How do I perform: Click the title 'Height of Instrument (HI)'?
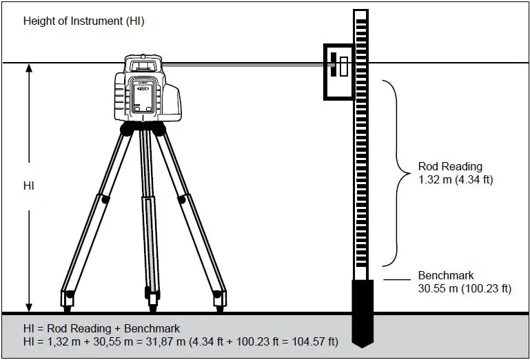point(83,21)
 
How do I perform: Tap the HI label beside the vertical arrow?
point(28,186)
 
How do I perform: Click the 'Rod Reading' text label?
point(450,166)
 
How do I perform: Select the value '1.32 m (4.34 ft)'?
point(456,180)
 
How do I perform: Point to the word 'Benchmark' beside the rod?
point(446,275)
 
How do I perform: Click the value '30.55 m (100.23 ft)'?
point(465,289)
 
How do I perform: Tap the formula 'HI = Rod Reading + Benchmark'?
point(101,329)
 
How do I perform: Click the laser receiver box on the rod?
point(338,72)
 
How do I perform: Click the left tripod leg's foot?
point(68,298)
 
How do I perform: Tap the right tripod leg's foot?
point(218,298)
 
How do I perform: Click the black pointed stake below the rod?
point(363,310)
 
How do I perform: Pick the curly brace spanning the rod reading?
point(394,172)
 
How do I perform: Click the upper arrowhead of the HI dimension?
point(29,70)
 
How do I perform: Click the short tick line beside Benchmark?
point(396,279)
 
